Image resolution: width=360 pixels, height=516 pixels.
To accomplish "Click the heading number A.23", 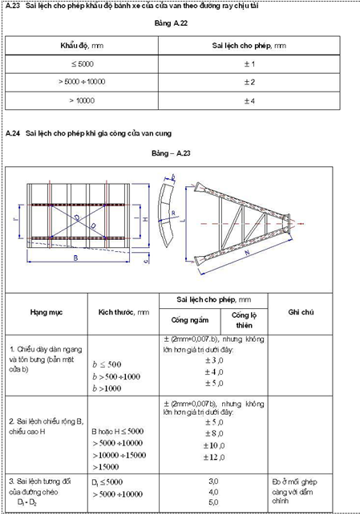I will (x=11, y=6).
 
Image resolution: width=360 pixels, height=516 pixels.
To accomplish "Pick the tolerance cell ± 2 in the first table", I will (x=248, y=82).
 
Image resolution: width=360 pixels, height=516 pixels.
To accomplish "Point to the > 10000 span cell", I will (x=81, y=100).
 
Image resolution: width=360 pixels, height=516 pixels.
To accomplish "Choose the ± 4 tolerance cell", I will (x=248, y=100).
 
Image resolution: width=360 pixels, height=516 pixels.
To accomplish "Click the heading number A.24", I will (x=11, y=132).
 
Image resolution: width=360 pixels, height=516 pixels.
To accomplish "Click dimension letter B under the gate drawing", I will (x=75, y=258).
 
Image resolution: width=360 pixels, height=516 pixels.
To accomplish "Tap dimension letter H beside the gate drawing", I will (x=145, y=219).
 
